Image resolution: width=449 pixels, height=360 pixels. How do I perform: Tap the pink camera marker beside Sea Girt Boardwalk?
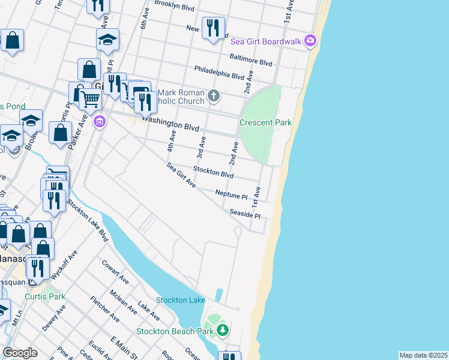tap(310, 41)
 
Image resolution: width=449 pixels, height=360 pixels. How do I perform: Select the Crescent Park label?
tap(265, 122)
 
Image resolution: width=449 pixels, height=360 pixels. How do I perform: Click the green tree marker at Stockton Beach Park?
tap(223, 330)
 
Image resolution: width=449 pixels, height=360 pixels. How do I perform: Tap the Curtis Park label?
tap(45, 296)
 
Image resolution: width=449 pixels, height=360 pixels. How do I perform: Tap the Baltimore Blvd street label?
tap(251, 60)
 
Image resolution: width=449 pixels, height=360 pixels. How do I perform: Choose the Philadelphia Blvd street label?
tap(219, 73)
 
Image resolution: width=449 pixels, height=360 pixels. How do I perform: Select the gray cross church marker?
tap(214, 95)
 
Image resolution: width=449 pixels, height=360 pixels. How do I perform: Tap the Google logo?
tap(20, 353)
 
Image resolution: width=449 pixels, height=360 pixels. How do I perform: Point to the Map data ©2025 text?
tap(423, 355)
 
